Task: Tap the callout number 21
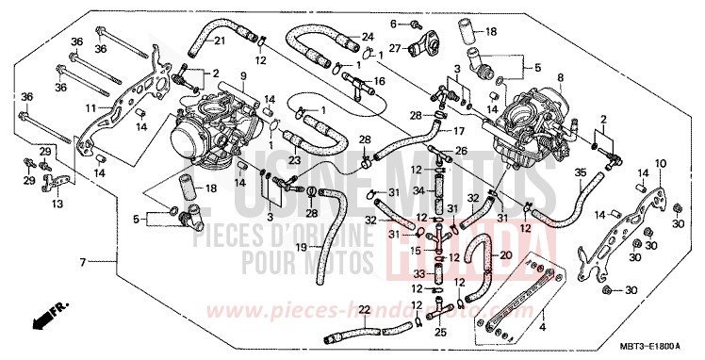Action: click(x=219, y=41)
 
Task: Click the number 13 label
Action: click(x=57, y=203)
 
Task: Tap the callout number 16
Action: click(x=379, y=82)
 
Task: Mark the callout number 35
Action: click(x=581, y=172)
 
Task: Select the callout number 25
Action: click(x=440, y=332)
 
